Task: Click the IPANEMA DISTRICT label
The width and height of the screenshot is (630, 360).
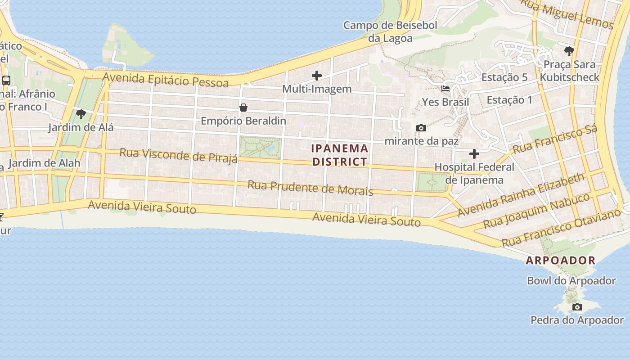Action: (340, 155)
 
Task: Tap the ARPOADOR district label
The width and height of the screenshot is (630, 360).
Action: (561, 260)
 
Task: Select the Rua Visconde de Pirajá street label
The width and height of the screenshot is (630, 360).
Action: (178, 155)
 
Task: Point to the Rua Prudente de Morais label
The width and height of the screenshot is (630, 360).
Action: (310, 188)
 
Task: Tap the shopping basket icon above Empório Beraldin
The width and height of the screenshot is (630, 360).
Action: (243, 108)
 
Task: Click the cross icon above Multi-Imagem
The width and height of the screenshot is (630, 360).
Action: (317, 76)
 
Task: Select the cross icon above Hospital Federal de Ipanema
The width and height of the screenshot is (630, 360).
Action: (474, 154)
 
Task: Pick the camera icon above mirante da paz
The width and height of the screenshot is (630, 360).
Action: (421, 128)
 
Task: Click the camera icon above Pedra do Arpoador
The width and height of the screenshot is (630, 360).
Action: (577, 307)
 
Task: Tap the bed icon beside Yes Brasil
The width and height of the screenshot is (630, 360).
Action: (445, 89)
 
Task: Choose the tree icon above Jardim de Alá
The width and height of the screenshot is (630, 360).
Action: (81, 114)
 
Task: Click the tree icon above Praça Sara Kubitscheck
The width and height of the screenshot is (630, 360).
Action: (569, 51)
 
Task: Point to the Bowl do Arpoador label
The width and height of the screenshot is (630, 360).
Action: (571, 281)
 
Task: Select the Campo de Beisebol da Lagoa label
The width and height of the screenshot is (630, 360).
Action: (390, 31)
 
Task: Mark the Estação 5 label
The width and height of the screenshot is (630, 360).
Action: (504, 77)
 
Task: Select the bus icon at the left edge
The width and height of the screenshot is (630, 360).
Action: (6, 81)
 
